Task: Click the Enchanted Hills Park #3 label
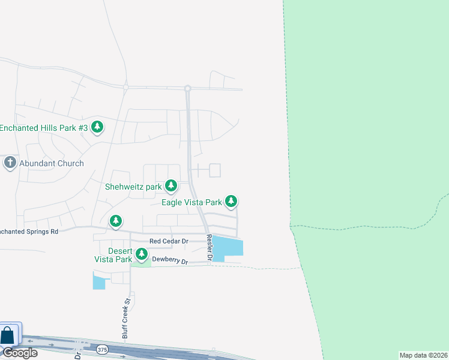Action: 44,128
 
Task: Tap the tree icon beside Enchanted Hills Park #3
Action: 97,127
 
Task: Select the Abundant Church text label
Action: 52,163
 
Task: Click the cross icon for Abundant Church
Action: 10,163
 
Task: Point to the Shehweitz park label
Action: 133,187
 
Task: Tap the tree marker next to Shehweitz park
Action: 171,186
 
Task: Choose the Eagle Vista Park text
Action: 191,202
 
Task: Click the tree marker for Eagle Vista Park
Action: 231,202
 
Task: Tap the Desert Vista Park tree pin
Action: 142,255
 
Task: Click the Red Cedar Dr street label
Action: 169,241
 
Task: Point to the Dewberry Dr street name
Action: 170,261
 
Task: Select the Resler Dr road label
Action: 209,247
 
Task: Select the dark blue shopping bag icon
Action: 8,335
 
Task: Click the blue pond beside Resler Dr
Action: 230,247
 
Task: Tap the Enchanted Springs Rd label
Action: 29,231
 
